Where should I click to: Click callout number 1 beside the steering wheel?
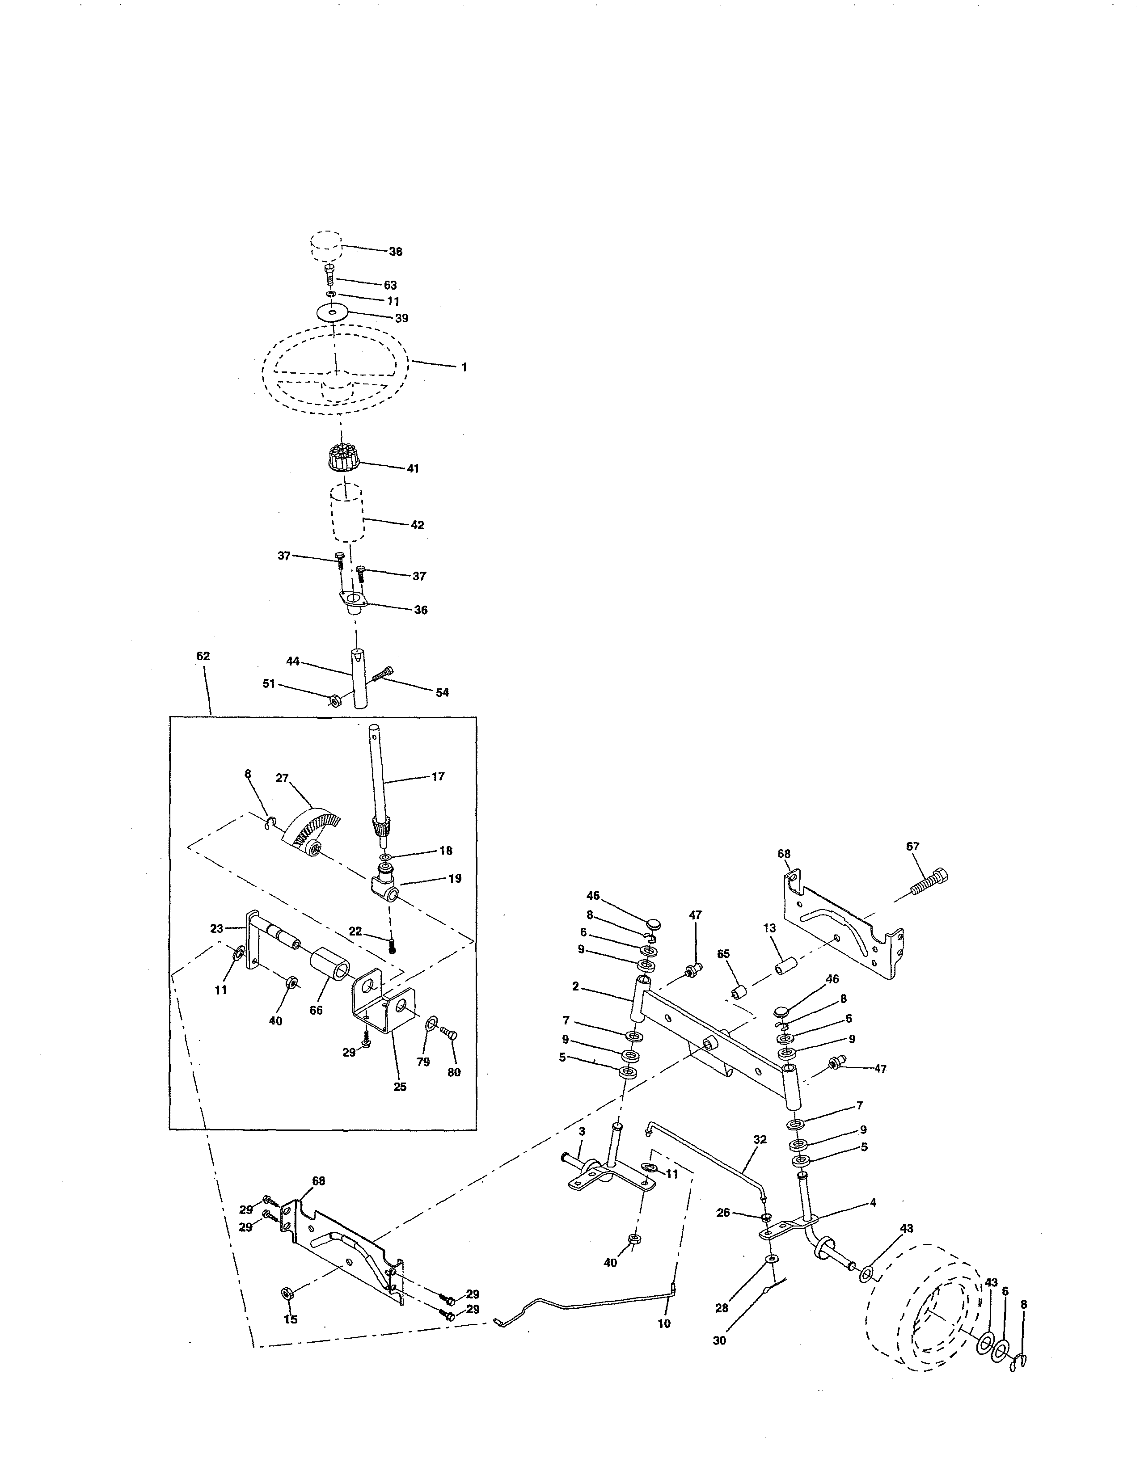point(464,367)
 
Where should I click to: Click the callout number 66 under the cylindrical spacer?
point(316,1010)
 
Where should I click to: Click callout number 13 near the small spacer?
point(770,929)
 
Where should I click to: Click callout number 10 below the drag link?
point(664,1324)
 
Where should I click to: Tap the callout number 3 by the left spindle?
point(582,1131)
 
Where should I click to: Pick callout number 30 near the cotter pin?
point(719,1340)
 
